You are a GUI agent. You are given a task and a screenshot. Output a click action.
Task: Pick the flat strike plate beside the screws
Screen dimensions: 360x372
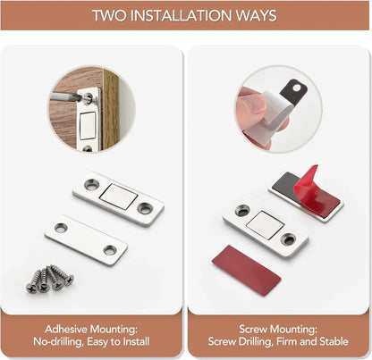pyautogui.click(x=85, y=239)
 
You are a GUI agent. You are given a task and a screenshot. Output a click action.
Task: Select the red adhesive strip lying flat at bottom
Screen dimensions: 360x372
pyautogui.click(x=246, y=270)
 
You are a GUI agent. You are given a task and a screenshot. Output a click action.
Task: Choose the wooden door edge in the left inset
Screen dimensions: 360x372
pyautogui.click(x=110, y=107)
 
